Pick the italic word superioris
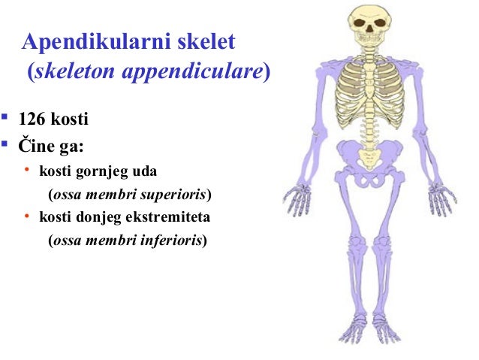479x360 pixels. pyautogui.click(x=174, y=195)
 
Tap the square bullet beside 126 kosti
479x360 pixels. pyautogui.click(x=5, y=118)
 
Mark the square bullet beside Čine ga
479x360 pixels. pyautogui.click(x=5, y=143)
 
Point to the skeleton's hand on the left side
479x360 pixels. pyautogui.click(x=297, y=198)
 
